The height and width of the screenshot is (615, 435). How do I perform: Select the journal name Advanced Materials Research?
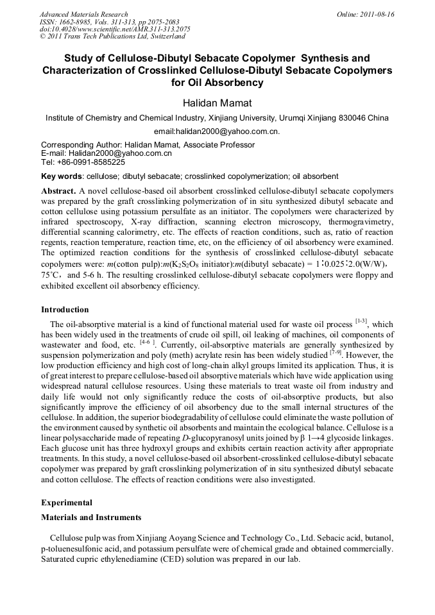(83, 14)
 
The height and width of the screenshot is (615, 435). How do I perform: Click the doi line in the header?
(115, 29)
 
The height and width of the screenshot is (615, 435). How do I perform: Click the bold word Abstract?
(58, 191)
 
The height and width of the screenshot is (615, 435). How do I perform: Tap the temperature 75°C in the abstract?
(52, 275)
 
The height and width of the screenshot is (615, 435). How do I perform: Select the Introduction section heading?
(65, 310)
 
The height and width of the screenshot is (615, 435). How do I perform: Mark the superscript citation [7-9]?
(335, 352)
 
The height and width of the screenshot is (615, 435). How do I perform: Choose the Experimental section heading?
(67, 503)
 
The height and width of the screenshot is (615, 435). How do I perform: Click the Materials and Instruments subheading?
(91, 518)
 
